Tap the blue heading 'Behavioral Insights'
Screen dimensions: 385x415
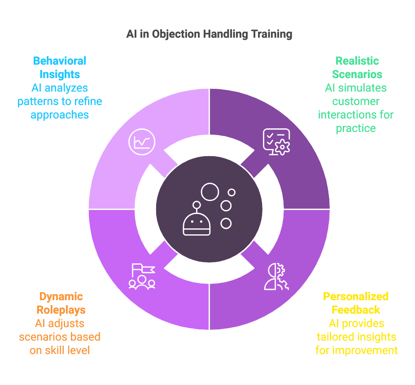60,67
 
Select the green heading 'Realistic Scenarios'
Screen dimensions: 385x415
357,67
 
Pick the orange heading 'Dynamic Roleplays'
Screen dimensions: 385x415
61,303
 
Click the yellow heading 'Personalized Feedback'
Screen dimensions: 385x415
356,303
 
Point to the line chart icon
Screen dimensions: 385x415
142,141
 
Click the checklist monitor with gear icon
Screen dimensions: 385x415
276,142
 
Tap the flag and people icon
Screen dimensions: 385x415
142,276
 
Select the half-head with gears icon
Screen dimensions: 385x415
276,276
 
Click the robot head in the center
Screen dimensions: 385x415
197,223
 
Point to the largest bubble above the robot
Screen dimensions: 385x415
210,192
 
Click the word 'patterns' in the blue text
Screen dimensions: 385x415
37,101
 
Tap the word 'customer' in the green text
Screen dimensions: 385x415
356,101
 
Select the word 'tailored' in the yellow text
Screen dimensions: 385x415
335,337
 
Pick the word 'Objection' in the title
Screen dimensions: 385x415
177,34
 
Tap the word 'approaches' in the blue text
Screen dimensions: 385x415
60,115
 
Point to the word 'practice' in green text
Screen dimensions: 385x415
356,128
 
